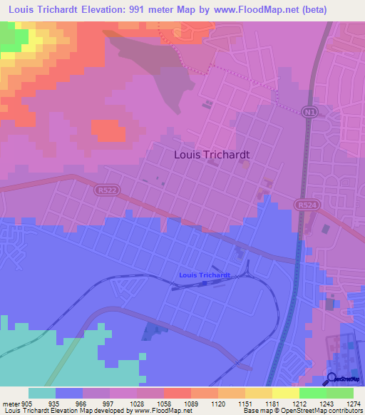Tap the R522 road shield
point(102,190)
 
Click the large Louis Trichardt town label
point(212,153)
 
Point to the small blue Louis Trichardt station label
point(205,275)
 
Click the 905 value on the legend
point(26,402)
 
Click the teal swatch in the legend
point(42,393)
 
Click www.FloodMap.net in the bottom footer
point(153,411)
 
